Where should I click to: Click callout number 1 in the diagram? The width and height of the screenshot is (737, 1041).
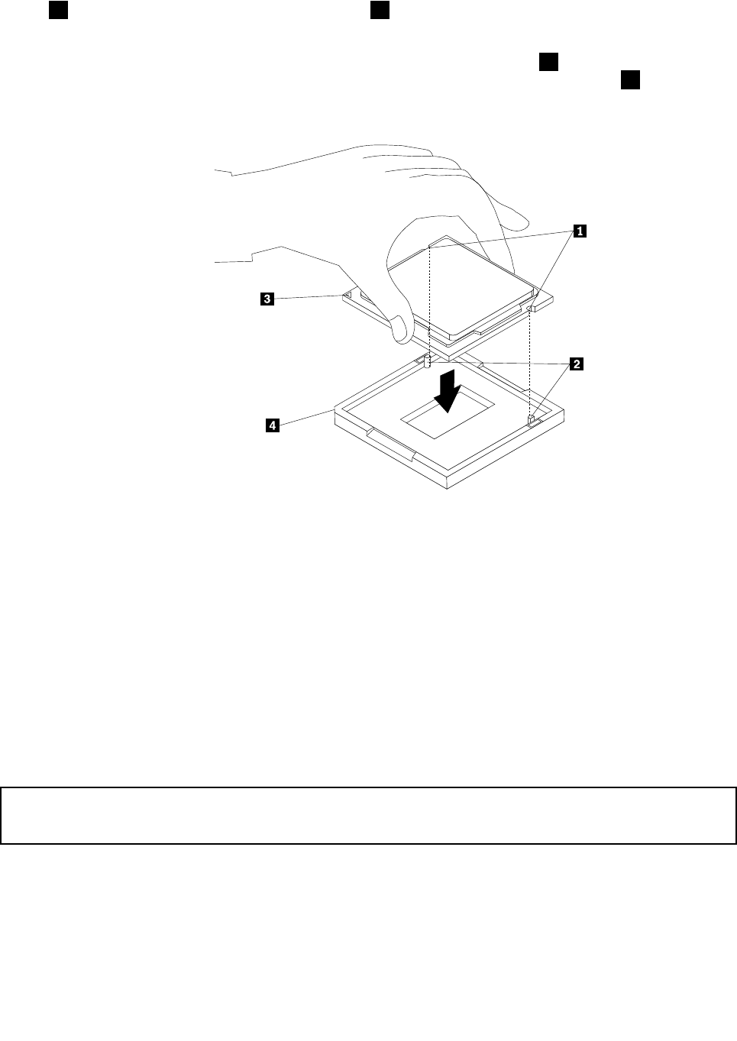[580, 228]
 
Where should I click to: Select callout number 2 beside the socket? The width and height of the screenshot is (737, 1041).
[577, 364]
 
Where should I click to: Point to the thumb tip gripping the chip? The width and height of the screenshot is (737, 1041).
[399, 330]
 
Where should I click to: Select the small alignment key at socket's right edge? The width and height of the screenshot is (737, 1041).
[532, 419]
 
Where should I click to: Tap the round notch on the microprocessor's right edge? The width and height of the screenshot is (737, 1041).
[531, 309]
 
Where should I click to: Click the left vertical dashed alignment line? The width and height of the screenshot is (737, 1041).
[430, 298]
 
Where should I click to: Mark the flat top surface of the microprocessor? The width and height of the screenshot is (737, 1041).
[458, 283]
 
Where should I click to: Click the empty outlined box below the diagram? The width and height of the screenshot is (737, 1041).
[368, 816]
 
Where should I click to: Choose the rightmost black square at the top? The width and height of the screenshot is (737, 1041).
[629, 80]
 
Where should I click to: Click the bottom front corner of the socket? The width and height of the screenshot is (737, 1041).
[450, 487]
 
